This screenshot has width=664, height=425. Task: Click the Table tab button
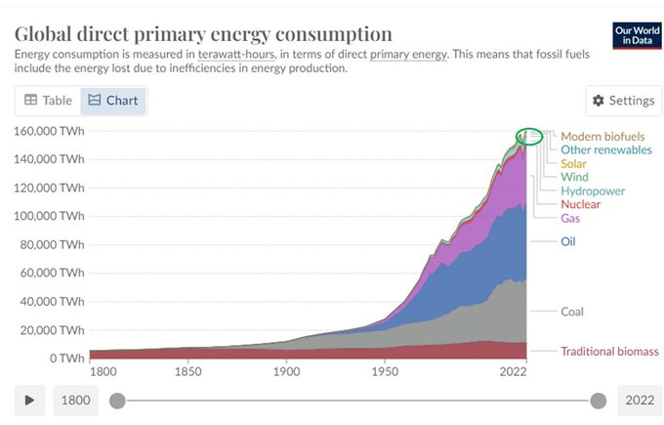48,101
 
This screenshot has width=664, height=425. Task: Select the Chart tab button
113,101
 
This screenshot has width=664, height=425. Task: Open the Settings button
623,101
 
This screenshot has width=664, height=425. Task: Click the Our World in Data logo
637,35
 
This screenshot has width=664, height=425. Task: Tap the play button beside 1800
29,400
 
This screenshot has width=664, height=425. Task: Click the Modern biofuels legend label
602,137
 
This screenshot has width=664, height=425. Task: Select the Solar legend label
573,163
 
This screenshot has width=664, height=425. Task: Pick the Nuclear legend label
581,204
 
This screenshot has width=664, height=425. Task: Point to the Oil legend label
568,241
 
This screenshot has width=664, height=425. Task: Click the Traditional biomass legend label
609,352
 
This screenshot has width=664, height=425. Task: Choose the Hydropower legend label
593,191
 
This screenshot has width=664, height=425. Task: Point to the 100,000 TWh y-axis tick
49,216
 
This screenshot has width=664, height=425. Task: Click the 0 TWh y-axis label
67,359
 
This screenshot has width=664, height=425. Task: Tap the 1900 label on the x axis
286,371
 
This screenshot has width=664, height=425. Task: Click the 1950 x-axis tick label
385,371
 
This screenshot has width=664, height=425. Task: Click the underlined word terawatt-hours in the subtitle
236,55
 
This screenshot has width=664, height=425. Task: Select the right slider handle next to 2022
598,401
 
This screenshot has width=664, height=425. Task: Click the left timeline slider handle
117,401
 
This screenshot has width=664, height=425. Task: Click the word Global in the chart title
43,34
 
